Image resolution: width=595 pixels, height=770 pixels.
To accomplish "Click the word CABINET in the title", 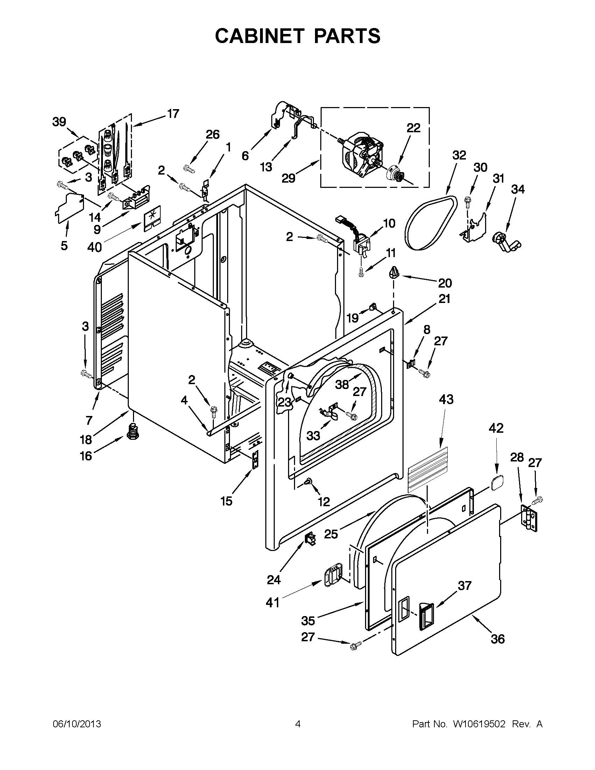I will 259,36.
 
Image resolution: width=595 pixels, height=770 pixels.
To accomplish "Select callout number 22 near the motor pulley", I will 413,128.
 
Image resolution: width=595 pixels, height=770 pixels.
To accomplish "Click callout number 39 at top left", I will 59,122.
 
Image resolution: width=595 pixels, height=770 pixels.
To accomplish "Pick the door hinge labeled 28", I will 530,518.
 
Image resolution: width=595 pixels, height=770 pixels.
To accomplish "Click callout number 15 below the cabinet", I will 226,501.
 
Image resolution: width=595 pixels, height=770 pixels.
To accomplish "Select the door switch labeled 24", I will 310,539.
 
